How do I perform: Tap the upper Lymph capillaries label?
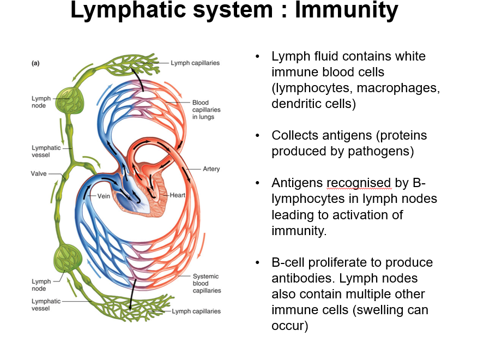click(x=195, y=63)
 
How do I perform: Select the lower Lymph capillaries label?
click(x=196, y=311)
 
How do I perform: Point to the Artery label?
click(x=211, y=169)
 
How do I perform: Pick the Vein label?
click(x=104, y=195)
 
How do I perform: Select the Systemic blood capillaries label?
click(x=207, y=284)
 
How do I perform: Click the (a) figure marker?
click(x=35, y=63)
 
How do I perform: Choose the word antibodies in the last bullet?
click(x=302, y=278)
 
